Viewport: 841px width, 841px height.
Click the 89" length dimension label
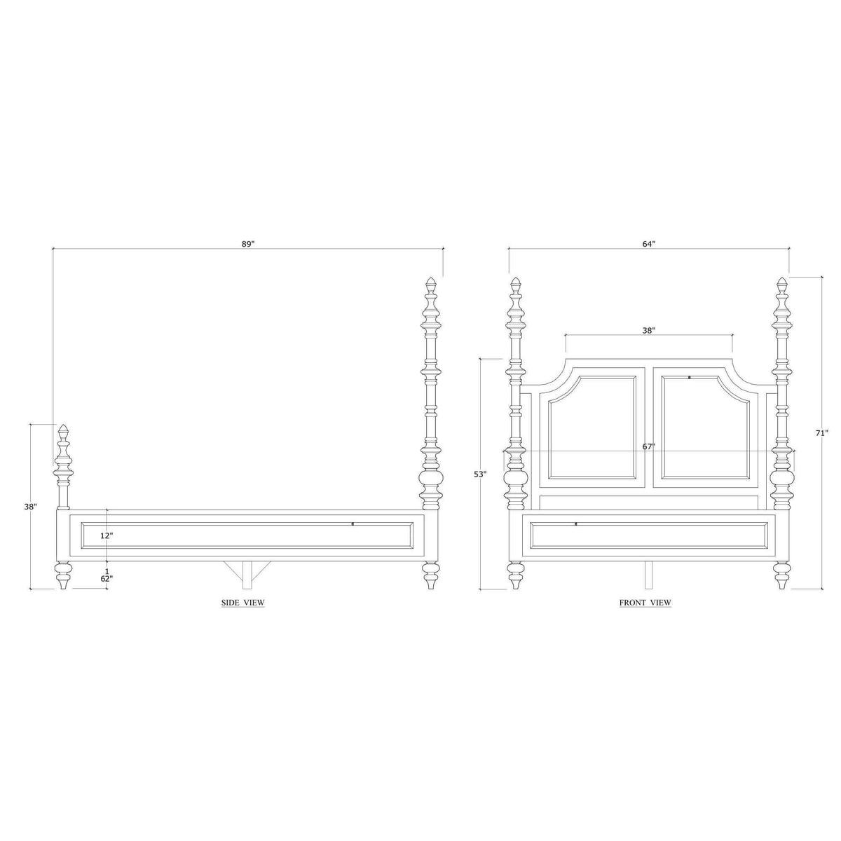(x=248, y=244)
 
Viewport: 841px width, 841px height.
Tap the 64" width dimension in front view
(x=649, y=244)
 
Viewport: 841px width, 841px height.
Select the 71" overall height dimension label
(x=822, y=433)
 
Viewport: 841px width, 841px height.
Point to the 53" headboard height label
(x=480, y=474)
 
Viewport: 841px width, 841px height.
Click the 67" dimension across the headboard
(x=649, y=446)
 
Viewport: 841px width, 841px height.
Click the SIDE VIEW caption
(x=243, y=603)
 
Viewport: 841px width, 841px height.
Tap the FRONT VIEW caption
(x=645, y=603)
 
